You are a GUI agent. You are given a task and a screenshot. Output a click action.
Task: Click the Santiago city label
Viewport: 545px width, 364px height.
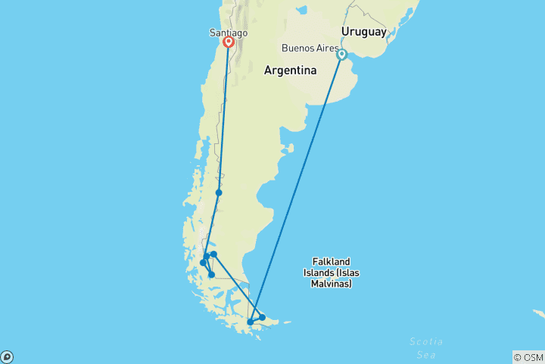pos(227,33)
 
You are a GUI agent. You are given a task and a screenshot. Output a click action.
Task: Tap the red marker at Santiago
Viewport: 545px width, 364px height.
pos(227,43)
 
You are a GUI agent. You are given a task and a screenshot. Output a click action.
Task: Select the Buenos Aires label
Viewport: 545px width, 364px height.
pos(310,48)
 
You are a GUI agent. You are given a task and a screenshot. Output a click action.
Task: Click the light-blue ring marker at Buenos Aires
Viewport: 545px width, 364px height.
pos(342,55)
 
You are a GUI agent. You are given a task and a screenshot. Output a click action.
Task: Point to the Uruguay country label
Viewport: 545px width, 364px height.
pos(363,31)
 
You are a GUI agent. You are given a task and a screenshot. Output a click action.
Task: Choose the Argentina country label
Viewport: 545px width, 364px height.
pos(290,71)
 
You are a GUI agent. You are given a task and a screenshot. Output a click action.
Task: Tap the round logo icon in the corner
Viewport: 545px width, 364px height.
pos(7,356)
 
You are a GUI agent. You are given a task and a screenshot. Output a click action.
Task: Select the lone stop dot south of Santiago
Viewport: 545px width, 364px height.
pos(219,193)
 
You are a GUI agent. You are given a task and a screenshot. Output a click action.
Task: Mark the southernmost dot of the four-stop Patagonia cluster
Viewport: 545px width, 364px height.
pos(211,275)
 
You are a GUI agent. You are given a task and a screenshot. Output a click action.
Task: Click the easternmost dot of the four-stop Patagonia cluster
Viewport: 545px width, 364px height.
pos(214,254)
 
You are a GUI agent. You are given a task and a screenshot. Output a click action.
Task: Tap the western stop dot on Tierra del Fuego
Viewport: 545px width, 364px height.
pos(251,322)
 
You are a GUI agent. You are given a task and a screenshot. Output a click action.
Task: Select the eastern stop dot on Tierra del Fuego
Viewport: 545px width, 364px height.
pos(262,317)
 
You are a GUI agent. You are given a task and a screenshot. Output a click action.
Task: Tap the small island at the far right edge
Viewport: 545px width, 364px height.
pos(539,312)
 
